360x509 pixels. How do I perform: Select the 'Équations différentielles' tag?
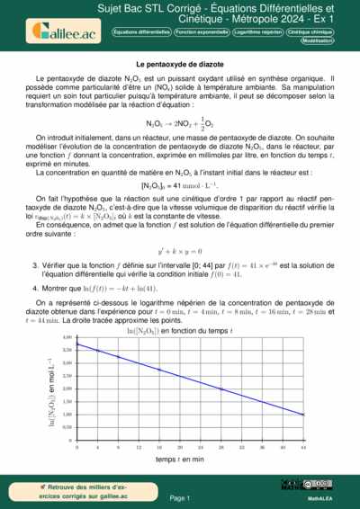tap(141, 31)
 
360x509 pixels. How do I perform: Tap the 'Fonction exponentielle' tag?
tap(201, 31)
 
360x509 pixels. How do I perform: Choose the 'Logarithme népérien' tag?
tap(259, 31)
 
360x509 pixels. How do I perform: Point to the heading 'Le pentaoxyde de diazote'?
tap(180, 65)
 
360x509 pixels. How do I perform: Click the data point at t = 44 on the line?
tap(302, 415)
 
